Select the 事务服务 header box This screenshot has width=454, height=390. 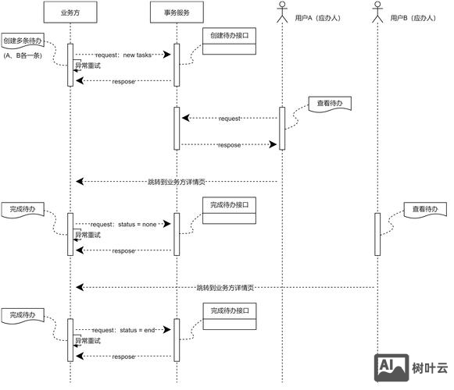tap(177, 13)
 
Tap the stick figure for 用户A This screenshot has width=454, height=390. tap(282, 12)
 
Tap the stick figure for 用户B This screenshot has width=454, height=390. tap(377, 12)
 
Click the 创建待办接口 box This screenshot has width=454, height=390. tap(230, 36)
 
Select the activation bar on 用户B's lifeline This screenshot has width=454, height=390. tap(377, 233)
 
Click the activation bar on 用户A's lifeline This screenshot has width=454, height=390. tap(282, 127)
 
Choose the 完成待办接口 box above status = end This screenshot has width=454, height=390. tap(230, 310)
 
